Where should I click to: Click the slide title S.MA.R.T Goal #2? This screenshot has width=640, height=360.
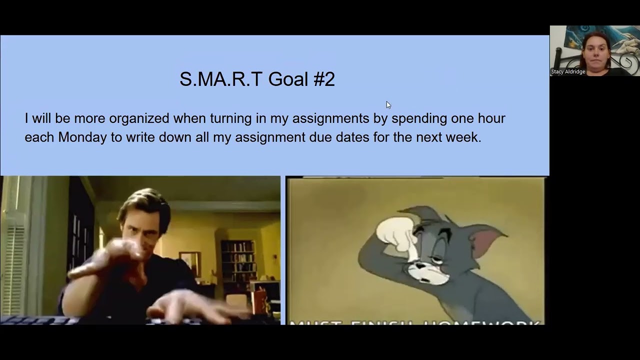tap(257, 79)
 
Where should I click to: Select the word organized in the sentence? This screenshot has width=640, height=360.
tap(139, 118)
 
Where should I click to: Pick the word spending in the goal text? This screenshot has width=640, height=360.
tap(419, 119)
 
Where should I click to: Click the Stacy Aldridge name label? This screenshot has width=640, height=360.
tap(568, 72)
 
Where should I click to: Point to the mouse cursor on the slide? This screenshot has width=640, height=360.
tap(388, 104)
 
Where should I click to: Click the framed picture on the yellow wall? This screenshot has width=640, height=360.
tap(189, 263)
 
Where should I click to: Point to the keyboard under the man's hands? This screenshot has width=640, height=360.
tap(40, 320)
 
